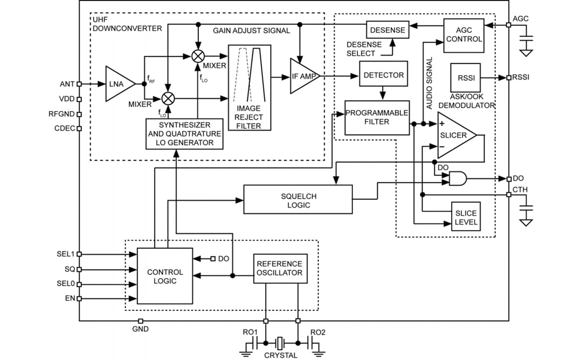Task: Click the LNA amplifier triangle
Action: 119,84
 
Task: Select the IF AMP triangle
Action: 303,76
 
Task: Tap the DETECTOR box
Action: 383,75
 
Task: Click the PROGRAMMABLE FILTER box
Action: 377,117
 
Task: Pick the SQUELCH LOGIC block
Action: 298,200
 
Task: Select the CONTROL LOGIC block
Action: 165,276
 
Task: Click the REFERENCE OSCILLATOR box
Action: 280,268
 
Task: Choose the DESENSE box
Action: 387,30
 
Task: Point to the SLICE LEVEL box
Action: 465,218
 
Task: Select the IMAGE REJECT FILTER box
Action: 248,88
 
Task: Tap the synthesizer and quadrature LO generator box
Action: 184,134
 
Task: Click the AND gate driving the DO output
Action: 458,178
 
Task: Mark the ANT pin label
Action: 67,84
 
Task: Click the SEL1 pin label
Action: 67,254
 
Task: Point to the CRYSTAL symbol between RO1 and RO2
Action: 281,342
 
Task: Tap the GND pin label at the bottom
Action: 141,328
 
